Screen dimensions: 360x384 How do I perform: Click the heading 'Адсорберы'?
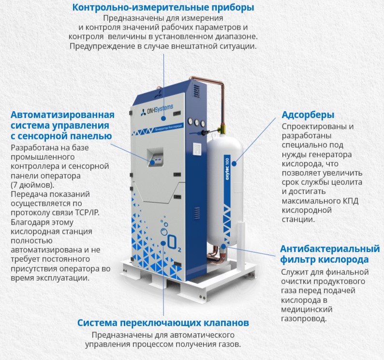tap(309, 115)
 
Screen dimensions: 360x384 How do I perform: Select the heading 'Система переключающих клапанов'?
tap(163, 323)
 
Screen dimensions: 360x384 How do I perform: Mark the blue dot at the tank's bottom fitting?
tap(225, 245)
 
